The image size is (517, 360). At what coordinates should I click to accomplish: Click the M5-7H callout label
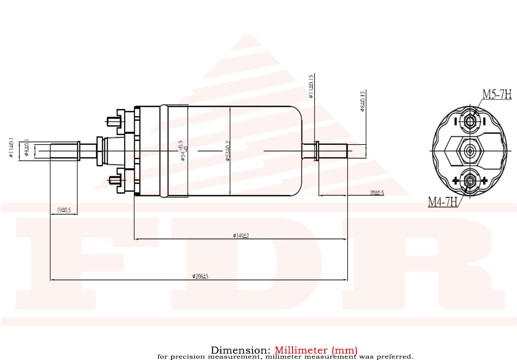497,94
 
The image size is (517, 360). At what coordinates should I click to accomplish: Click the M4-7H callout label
443,202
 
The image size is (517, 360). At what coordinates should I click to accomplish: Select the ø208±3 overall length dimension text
201,276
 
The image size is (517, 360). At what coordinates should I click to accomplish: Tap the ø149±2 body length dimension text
241,236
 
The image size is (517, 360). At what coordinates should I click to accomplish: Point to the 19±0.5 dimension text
63,210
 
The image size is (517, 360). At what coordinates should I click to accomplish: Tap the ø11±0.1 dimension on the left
11,147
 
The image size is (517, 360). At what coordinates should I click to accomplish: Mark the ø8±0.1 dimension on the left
27,147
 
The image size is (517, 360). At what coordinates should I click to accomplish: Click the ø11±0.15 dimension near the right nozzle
311,87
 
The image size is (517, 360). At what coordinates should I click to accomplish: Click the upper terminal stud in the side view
113,122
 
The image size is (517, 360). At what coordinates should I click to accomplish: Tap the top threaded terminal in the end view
470,121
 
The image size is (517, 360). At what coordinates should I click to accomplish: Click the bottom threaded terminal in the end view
470,180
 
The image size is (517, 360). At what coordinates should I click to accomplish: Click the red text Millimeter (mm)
316,350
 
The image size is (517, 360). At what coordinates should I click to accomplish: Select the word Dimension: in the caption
241,350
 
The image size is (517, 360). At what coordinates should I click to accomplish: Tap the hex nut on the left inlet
99,151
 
